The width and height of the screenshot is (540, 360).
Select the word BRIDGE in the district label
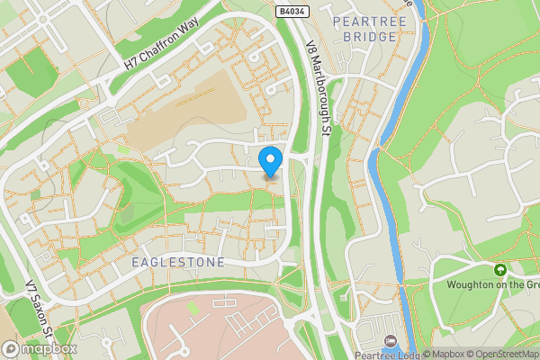[369, 37]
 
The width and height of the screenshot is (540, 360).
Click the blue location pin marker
[271, 160]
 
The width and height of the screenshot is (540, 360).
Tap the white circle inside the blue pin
[271, 157]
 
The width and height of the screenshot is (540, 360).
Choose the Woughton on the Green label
[493, 285]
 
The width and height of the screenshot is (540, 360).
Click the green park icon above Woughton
[499, 269]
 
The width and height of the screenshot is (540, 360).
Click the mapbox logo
[40, 348]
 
